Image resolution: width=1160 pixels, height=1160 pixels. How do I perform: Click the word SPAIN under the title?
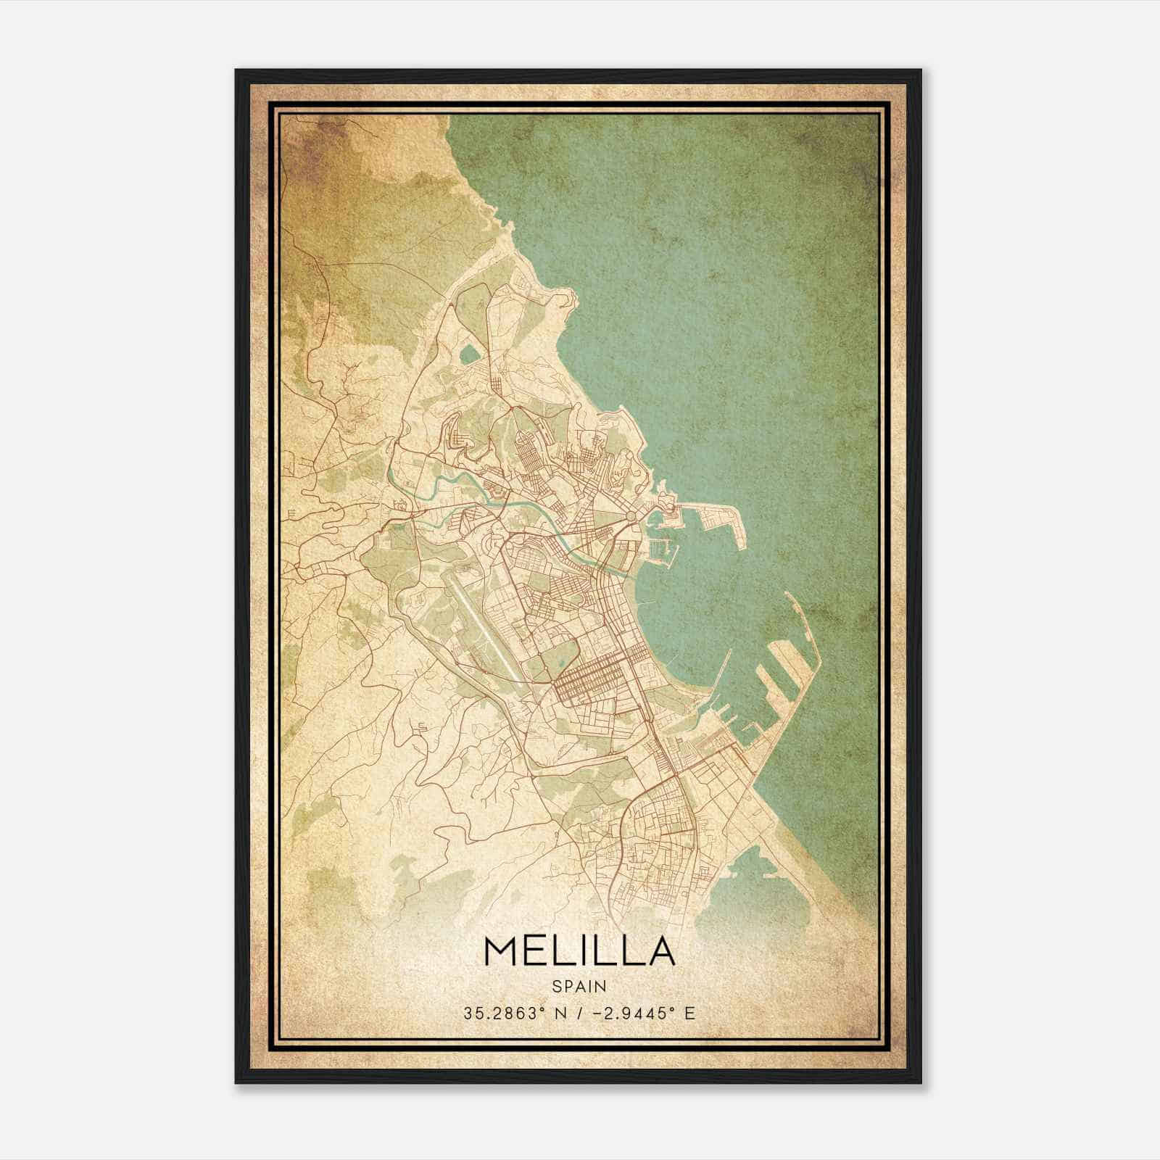[x=579, y=986]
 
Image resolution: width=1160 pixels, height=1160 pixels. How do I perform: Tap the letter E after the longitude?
[x=689, y=1013]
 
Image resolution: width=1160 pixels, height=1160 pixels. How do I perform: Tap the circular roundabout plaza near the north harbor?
[x=631, y=514]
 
